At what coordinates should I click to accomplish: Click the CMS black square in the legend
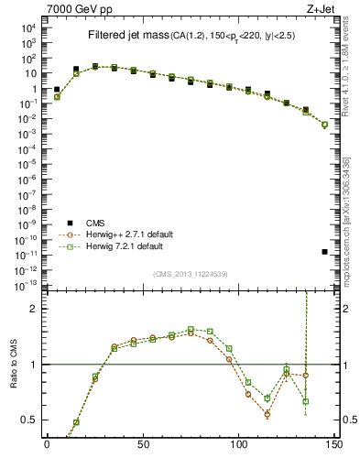click(70, 223)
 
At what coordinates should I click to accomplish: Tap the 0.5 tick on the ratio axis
click(29, 420)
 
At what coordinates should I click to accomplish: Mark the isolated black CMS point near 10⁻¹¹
click(325, 252)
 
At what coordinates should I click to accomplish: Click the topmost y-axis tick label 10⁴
click(27, 27)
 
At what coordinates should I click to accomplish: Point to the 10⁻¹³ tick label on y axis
click(27, 286)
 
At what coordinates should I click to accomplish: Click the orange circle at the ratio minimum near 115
click(267, 414)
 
